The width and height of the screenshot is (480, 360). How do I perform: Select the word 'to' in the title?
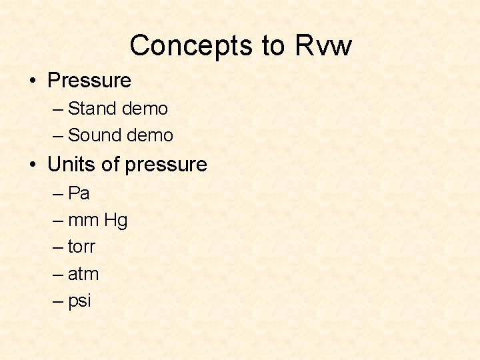[x=273, y=46]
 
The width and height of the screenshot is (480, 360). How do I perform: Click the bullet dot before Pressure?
[x=33, y=81]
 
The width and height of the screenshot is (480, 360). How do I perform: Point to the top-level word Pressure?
[x=89, y=81]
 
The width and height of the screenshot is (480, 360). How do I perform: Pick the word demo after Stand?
[x=145, y=108]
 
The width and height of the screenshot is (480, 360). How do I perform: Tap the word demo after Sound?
[x=150, y=135]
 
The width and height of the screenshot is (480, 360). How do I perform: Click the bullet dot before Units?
[x=33, y=164]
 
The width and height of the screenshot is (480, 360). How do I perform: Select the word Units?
[x=72, y=164]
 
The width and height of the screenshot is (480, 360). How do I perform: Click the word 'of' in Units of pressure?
[x=111, y=164]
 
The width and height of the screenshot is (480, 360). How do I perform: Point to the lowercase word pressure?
[x=166, y=165]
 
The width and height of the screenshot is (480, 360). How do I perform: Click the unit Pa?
[x=79, y=193]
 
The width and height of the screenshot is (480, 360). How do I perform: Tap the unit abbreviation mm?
[x=84, y=220]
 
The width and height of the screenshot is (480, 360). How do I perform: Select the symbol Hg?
[x=116, y=221]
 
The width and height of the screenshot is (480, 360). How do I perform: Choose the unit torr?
[x=82, y=247]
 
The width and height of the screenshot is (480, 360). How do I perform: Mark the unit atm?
[x=83, y=274]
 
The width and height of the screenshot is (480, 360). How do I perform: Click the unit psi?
[x=79, y=301]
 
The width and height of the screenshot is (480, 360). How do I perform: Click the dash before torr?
[x=58, y=247]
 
